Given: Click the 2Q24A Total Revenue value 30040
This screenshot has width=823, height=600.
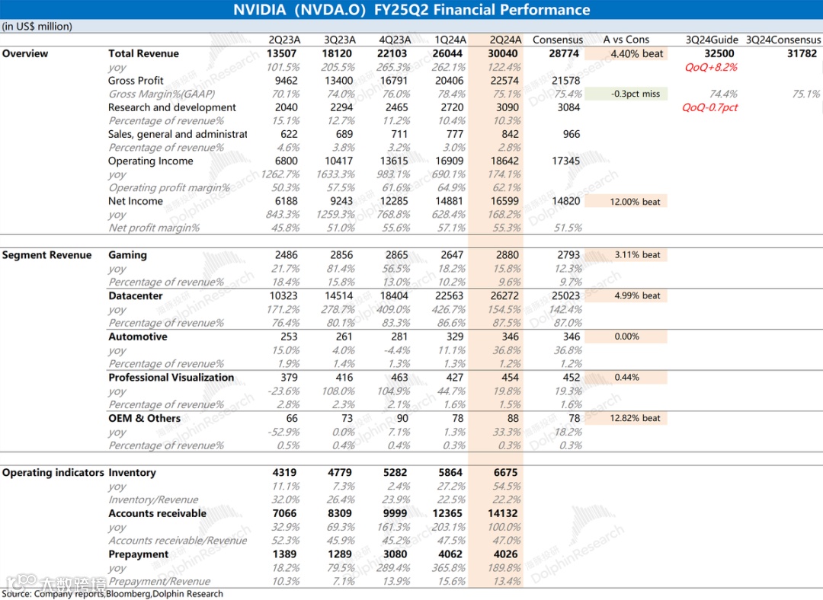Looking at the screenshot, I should tap(504, 53).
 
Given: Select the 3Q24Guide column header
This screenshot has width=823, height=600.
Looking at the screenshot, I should tap(711, 40).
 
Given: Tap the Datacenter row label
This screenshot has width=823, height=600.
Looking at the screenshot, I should tap(136, 295).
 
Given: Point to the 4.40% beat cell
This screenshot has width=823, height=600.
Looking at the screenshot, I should tap(636, 53).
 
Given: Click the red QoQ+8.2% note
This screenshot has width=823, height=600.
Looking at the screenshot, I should tap(711, 67).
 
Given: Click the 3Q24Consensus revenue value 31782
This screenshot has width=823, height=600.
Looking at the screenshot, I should tap(802, 53).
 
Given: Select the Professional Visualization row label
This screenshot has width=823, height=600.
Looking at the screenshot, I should tap(171, 377).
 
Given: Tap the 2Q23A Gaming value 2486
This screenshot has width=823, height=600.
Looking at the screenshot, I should tap(286, 255).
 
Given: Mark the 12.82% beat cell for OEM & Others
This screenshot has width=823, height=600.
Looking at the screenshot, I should tap(636, 418).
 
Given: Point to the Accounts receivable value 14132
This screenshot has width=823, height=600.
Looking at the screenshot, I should tap(502, 513).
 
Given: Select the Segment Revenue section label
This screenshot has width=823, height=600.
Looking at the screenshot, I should tap(46, 255).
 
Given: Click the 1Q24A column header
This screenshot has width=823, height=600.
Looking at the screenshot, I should tap(450, 40).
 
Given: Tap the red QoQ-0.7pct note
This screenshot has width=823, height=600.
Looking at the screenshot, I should tap(710, 107).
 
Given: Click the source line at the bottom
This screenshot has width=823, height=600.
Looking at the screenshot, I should tap(113, 594).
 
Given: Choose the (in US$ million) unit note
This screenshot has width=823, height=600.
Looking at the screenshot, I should tap(37, 27).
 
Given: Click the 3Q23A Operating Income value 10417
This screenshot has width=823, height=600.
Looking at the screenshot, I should tap(339, 161).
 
